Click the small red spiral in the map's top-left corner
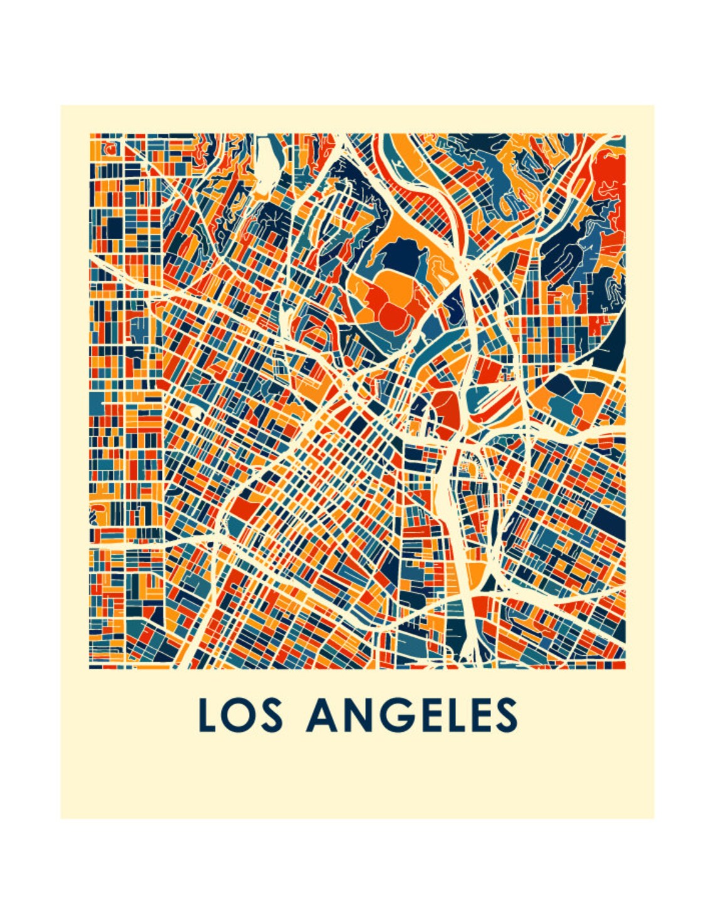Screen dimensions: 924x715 click(110, 150)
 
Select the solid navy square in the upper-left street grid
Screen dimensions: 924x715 click(114, 228)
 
